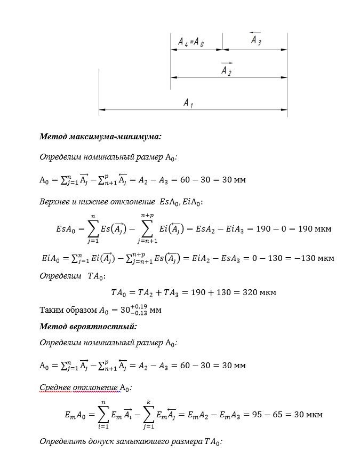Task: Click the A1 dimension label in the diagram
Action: (x=188, y=102)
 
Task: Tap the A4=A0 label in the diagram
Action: (x=191, y=42)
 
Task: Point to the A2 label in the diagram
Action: (x=226, y=70)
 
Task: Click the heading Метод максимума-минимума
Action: (x=100, y=137)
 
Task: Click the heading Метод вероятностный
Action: (x=88, y=326)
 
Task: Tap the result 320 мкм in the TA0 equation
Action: (x=260, y=292)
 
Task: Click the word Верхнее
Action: (x=56, y=202)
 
